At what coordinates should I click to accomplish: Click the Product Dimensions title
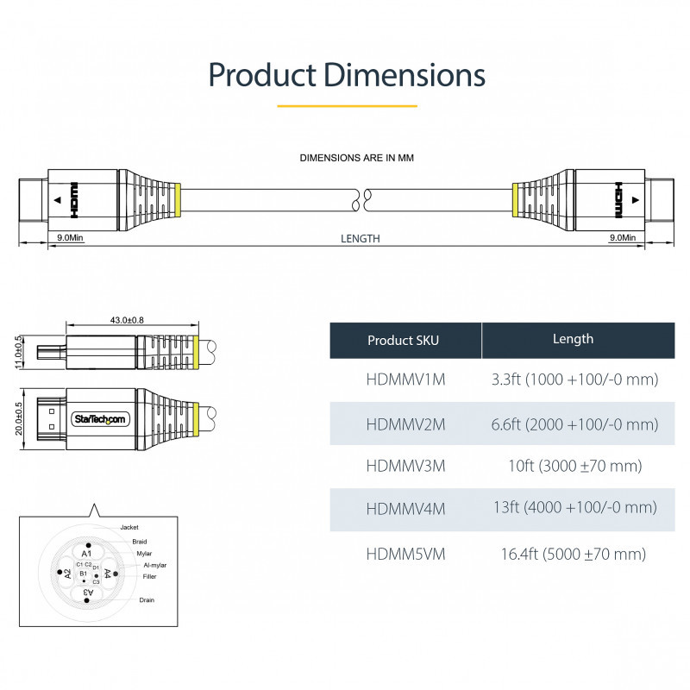point(347,74)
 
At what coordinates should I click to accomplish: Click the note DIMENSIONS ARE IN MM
point(357,158)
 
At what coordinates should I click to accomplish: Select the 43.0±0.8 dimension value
point(127,320)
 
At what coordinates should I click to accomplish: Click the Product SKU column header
point(403,340)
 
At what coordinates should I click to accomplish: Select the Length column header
point(573,339)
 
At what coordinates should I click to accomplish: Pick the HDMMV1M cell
point(405,379)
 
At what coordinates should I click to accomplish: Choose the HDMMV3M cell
point(405,466)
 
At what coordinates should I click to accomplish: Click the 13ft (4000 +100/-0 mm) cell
point(573,508)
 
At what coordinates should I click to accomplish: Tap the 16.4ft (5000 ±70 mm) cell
point(573,554)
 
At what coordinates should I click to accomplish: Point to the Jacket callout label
point(129,527)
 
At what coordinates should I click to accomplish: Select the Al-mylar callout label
point(154,565)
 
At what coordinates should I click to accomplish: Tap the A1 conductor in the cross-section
point(86,553)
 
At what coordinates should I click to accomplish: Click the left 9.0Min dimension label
point(69,237)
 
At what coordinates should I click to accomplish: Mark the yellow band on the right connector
point(515,199)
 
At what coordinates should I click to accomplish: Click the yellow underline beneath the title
point(347,106)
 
